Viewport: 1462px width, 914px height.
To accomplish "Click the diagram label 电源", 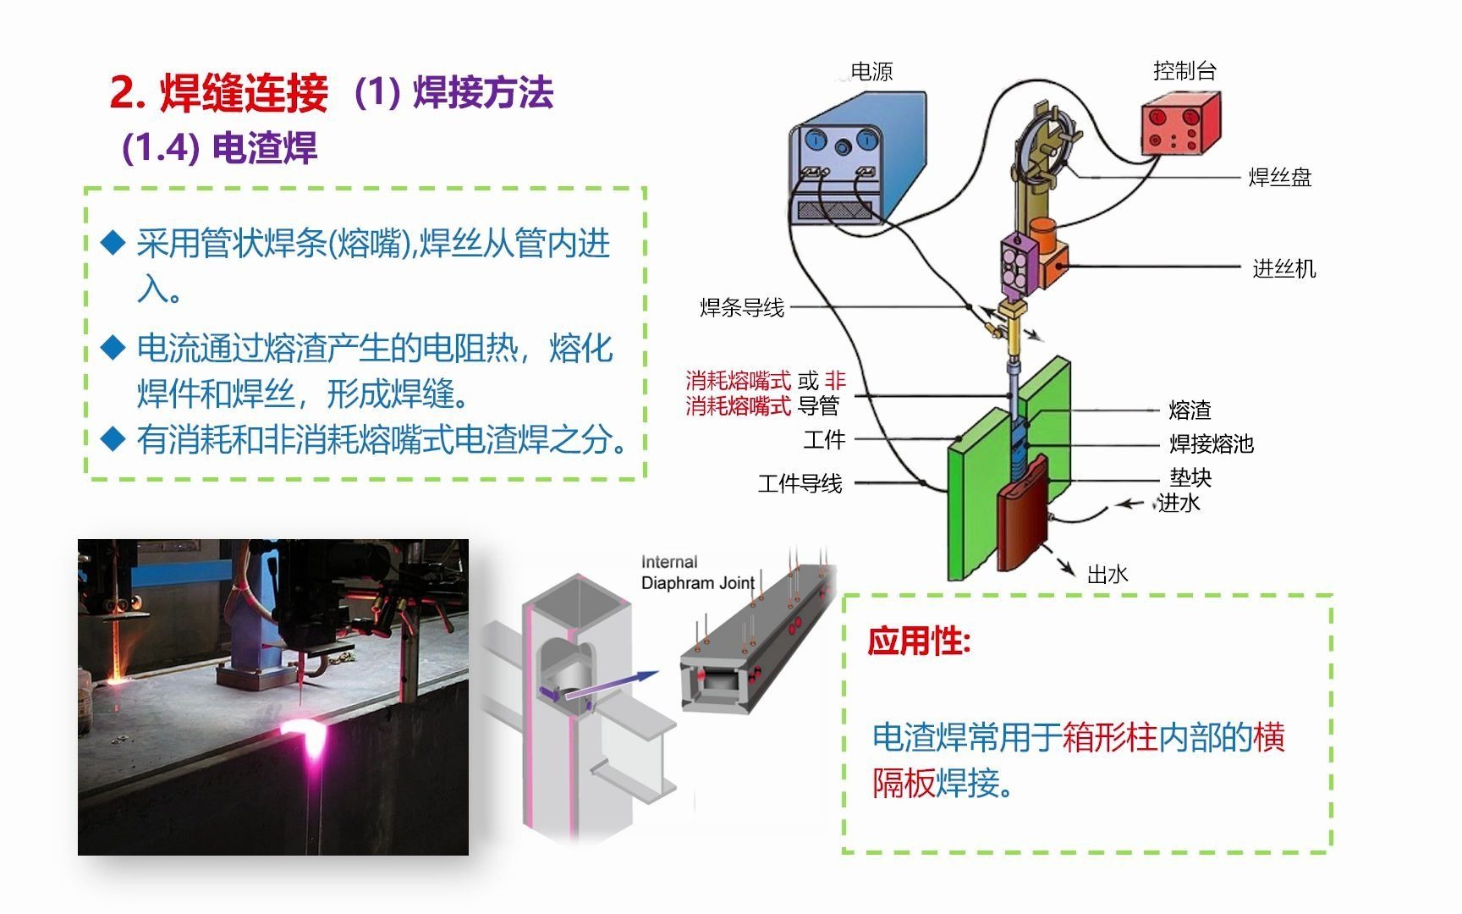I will pos(871,72).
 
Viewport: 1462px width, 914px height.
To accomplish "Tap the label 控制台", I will pos(1184,71).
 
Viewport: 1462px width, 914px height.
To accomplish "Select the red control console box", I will pos(1179,124).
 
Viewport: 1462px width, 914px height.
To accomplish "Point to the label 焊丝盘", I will pos(1279,178).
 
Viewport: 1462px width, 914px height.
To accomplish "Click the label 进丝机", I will pos(1283,269).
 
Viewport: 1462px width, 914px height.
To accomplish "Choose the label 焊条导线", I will pos(742,307).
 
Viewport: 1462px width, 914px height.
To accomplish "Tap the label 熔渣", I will pos(1190,410).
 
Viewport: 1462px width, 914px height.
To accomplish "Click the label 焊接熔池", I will pos(1211,443).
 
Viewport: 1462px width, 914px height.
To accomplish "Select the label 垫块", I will pos(1190,478).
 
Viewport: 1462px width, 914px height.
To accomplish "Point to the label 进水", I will pos(1179,503).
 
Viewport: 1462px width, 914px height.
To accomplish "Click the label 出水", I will pos(1107,575).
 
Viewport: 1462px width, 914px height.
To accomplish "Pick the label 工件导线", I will pos(800,484).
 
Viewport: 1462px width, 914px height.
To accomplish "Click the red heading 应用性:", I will pos(919,641).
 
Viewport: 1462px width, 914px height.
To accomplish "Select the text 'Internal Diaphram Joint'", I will pos(697,573).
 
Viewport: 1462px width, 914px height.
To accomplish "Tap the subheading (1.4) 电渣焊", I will pos(219,148).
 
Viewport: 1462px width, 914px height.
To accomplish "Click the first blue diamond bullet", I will pos(113,243).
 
